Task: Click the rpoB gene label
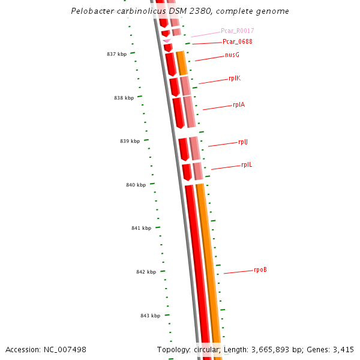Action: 260,270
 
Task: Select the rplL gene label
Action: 247,164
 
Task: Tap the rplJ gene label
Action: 243,142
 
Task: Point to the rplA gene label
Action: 239,105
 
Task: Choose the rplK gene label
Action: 235,79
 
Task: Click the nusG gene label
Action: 232,55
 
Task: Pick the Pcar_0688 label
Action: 237,42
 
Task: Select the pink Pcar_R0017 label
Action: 237,31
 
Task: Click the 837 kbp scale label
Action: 116,54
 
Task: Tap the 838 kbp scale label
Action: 124,98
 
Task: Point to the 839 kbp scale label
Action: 130,141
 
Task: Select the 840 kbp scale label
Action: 136,185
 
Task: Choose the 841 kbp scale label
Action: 141,228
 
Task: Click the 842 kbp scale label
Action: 146,272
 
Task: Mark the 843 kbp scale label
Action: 150,316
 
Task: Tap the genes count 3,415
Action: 342,349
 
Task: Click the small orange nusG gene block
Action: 181,63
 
